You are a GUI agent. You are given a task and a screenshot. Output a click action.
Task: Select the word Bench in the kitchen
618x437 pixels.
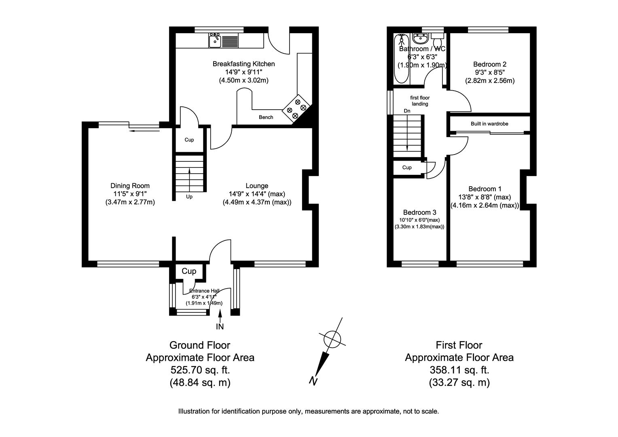point(266,117)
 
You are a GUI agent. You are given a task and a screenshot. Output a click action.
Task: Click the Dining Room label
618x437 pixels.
point(130,186)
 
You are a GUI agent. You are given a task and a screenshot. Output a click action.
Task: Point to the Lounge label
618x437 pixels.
point(257,186)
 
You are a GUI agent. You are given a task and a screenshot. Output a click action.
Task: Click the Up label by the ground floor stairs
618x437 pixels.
point(189,197)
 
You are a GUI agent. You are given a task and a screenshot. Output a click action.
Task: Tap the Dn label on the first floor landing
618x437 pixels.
point(407,111)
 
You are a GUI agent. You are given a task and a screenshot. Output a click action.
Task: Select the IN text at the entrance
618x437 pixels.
point(220,326)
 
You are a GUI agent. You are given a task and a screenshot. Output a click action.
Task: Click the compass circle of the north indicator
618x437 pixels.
point(332,338)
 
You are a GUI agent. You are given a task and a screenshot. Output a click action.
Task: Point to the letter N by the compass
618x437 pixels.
point(313,380)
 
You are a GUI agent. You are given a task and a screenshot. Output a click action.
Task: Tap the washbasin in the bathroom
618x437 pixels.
point(421,39)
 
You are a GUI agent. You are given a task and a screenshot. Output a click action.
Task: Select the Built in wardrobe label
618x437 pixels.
point(489,124)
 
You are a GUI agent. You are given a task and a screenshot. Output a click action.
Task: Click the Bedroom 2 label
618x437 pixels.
point(490,64)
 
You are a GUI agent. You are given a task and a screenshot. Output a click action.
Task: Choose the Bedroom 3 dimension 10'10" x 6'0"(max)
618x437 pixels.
point(419,220)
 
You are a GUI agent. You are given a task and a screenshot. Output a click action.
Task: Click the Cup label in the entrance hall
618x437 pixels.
point(188,271)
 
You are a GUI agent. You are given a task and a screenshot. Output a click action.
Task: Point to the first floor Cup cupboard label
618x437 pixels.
point(407,168)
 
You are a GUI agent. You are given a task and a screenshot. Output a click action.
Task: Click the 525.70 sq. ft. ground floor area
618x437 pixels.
point(200,370)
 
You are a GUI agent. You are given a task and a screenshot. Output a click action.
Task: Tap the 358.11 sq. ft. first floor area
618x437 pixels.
point(459,370)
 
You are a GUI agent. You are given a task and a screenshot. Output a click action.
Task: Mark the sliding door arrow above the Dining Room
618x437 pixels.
point(144,130)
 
